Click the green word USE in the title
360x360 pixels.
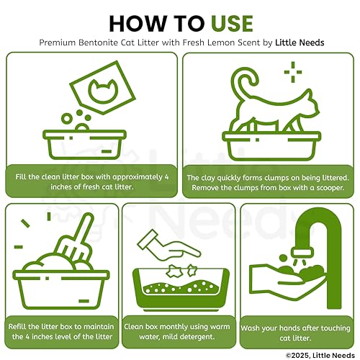(x=232, y=24)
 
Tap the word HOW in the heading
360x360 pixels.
(x=138, y=24)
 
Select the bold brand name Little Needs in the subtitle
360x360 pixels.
(x=300, y=42)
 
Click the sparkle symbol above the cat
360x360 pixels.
(x=293, y=72)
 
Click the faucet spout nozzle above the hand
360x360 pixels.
(x=303, y=253)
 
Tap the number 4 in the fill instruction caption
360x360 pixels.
(x=166, y=177)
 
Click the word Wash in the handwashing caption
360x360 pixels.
(x=250, y=328)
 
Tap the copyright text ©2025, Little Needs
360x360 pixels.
(x=320, y=355)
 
